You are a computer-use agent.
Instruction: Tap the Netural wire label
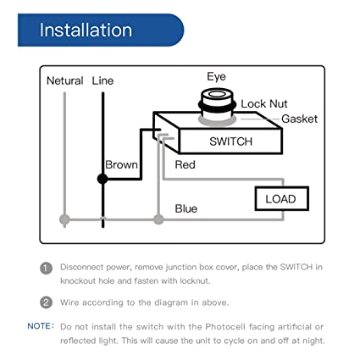65,80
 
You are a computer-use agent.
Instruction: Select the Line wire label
102,80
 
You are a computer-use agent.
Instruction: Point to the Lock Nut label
264,103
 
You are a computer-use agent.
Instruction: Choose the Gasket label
299,119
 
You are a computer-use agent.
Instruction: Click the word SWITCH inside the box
230,141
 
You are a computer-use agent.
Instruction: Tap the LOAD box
282,199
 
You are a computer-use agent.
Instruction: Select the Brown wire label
122,165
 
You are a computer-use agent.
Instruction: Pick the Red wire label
185,165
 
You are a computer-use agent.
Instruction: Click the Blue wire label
186,208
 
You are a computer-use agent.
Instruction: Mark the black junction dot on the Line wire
102,179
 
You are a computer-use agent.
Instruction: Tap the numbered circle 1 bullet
47,267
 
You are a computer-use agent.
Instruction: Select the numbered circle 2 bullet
47,302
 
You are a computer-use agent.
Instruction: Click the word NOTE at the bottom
40,326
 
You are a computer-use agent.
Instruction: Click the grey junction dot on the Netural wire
65,219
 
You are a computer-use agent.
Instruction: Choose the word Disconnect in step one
85,267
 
